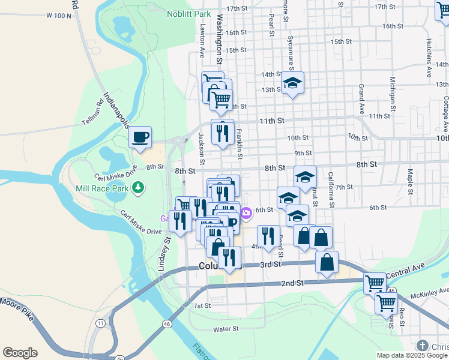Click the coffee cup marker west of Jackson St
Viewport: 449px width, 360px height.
click(140, 137)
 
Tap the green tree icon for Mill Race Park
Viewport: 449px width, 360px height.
click(139, 188)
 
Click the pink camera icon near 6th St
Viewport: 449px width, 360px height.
click(246, 213)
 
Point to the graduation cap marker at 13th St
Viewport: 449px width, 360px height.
click(292, 83)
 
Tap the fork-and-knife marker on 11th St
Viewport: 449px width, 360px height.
click(223, 133)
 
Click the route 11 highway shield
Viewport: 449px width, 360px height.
click(99, 323)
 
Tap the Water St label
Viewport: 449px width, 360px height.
click(226, 329)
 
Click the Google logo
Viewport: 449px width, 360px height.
click(20, 353)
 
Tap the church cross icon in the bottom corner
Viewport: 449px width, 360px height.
click(423, 346)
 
